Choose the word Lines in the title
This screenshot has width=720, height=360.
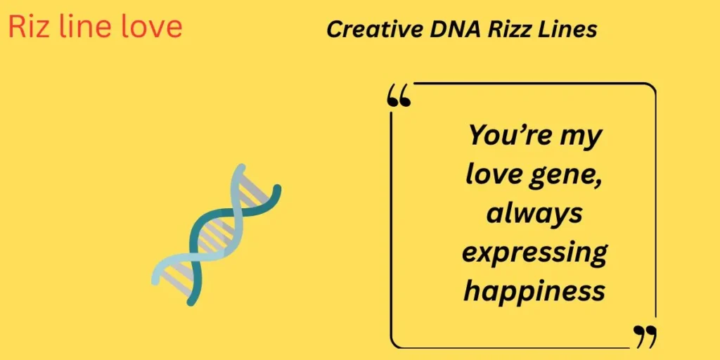[x=570, y=30]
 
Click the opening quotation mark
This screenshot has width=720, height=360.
[x=399, y=97]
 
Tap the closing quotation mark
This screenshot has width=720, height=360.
[x=645, y=336]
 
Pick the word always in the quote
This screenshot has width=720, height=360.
[x=534, y=212]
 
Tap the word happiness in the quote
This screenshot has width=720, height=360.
[x=534, y=290]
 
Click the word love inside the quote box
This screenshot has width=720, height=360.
[x=492, y=174]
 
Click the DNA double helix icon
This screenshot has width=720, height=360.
[x=217, y=234]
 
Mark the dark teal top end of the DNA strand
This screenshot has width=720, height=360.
[x=276, y=188]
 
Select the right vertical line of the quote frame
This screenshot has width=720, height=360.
[x=655, y=211]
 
